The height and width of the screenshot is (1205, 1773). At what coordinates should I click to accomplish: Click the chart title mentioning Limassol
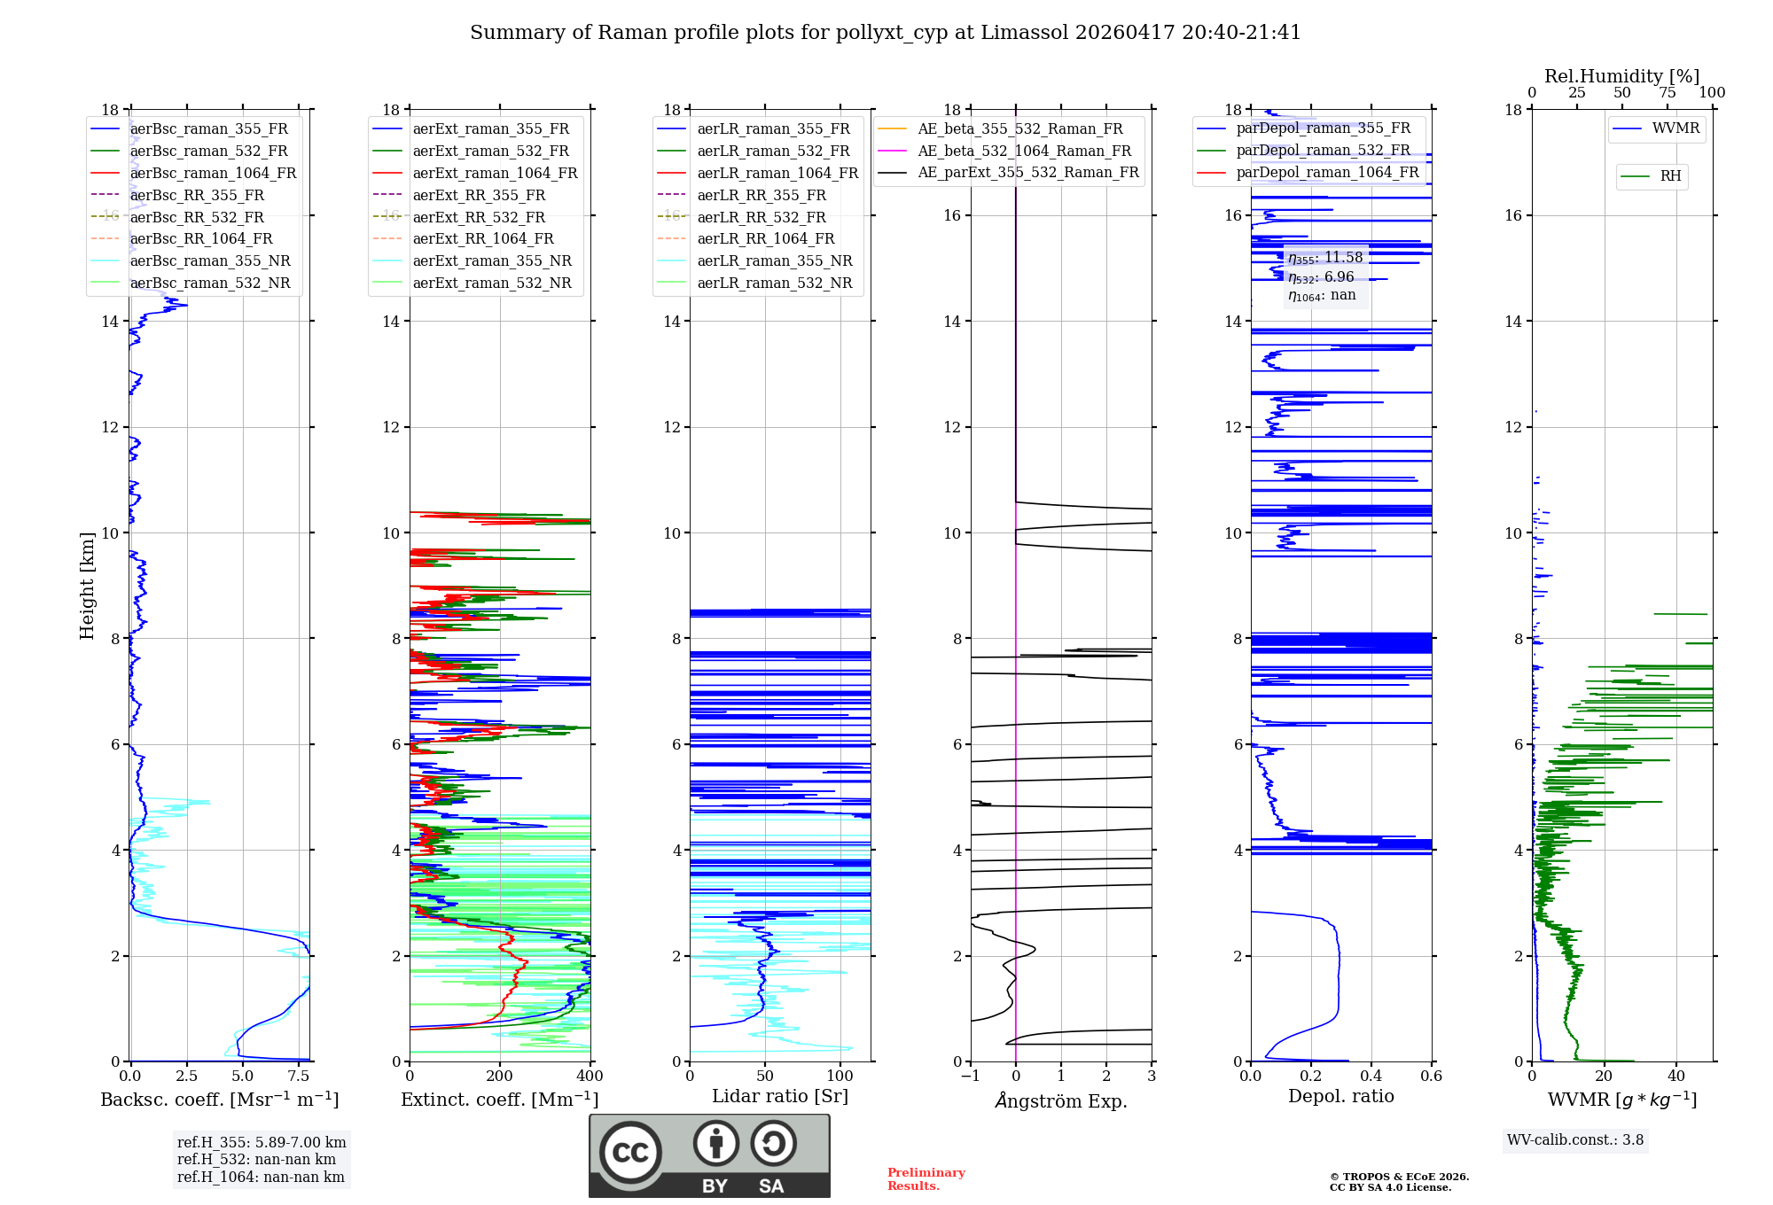pos(885,33)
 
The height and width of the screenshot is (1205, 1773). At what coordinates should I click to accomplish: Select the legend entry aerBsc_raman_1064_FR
pos(213,173)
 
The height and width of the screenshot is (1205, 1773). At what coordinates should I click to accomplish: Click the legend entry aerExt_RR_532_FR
pos(479,217)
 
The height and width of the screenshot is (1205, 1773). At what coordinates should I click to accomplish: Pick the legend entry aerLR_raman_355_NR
pos(774,260)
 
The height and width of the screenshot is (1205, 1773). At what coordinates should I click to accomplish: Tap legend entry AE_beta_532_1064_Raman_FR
pos(1024,151)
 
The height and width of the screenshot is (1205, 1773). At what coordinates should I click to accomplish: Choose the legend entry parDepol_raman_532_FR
pos(1323,151)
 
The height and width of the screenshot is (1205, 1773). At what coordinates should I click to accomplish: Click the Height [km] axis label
pos(87,586)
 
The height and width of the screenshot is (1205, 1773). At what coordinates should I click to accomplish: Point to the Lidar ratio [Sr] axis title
pos(780,1096)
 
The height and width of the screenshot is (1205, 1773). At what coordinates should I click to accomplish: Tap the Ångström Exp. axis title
pos(1061,1100)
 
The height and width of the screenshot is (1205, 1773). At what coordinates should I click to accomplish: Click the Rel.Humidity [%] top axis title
pos(1621,76)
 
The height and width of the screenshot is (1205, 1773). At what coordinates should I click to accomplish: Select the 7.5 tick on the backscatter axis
pos(300,1077)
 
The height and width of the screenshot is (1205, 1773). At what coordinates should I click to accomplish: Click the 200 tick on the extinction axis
pos(500,1077)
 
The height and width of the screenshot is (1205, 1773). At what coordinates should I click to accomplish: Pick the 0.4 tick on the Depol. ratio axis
pos(1371,1077)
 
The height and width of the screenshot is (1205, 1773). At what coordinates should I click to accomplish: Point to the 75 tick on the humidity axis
pos(1668,93)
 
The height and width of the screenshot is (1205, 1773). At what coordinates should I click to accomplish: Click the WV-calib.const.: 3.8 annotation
pos(1575,1140)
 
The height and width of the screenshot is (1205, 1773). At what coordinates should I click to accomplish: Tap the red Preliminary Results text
pos(926,1179)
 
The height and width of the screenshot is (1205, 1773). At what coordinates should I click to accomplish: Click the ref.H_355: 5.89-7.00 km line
pos(262,1142)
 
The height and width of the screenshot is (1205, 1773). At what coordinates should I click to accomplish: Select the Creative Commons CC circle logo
pos(630,1153)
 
